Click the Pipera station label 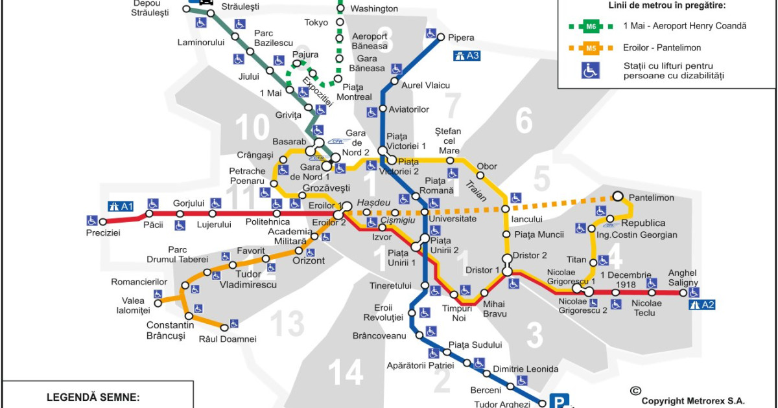(461, 38)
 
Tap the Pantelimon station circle (619, 196)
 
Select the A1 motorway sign (121, 207)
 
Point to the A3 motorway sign (467, 56)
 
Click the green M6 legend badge (591, 27)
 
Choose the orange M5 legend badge (591, 48)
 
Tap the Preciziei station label (103, 233)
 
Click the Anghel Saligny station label (683, 278)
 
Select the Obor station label (487, 166)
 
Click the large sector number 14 (345, 372)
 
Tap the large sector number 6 (523, 120)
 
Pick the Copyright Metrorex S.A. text (693, 401)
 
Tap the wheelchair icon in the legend (591, 71)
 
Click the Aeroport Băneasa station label (369, 41)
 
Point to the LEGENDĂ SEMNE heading (93, 397)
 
